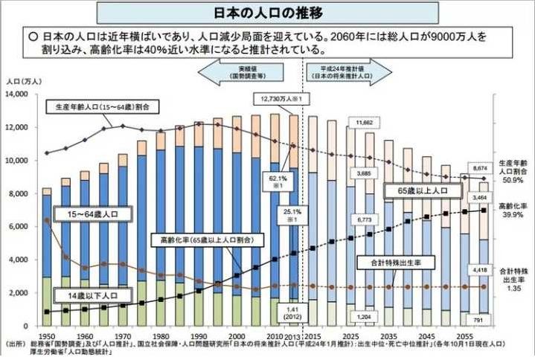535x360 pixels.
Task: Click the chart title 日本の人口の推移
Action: tap(267, 13)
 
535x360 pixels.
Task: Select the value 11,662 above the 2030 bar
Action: tap(366, 121)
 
